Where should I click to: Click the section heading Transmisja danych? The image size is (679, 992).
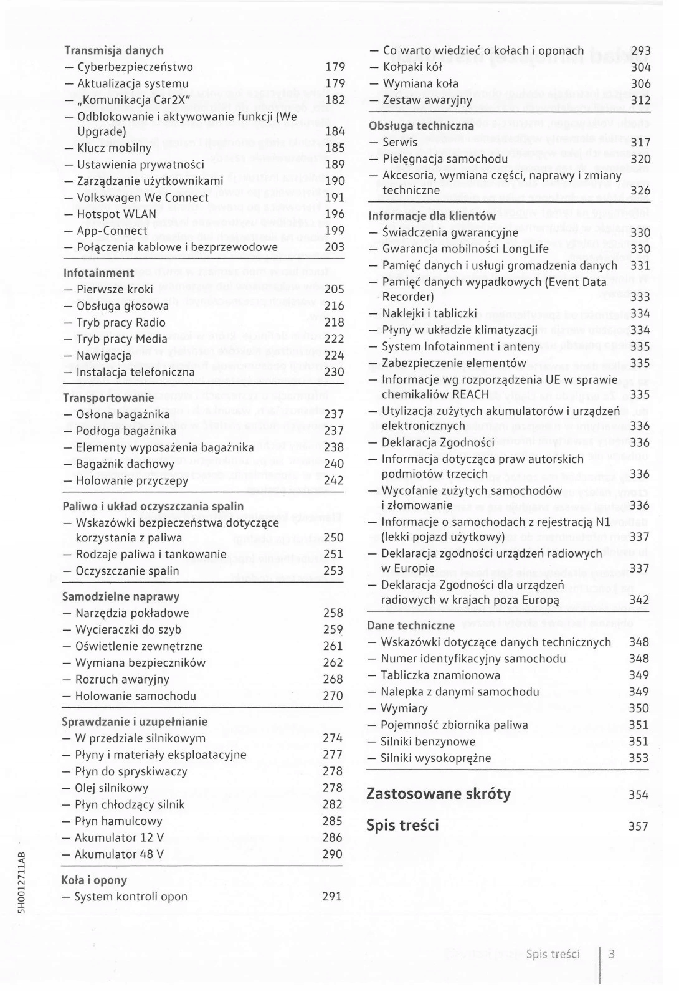point(114,50)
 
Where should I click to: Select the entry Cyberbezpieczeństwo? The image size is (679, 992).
point(135,67)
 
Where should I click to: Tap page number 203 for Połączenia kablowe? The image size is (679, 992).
point(335,247)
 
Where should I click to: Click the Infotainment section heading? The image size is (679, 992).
point(98,273)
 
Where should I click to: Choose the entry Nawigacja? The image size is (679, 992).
point(103,356)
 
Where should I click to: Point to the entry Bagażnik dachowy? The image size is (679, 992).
point(125,464)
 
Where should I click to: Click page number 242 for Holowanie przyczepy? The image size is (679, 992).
point(334,480)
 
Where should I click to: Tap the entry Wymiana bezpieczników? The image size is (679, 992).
point(140,663)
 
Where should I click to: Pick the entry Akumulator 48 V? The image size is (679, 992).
point(119,854)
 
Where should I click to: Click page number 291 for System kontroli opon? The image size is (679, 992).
point(332,897)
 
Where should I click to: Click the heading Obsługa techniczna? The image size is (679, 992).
point(421,126)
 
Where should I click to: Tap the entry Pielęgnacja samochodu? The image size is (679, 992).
point(445,159)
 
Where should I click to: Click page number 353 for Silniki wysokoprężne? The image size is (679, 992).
point(639,758)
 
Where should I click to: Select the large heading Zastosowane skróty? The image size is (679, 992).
point(439,794)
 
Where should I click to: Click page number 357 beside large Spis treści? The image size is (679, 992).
point(639,826)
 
